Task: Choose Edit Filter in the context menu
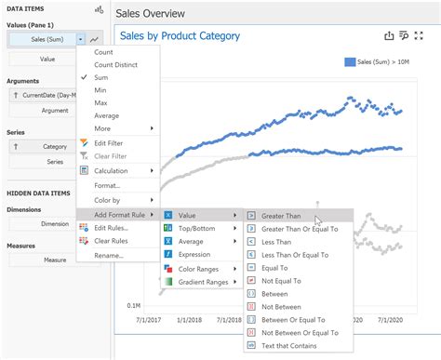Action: point(114,142)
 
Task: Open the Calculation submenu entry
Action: point(116,171)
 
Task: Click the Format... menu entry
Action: point(108,185)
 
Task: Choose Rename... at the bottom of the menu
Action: point(109,255)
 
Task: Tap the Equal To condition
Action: point(279,266)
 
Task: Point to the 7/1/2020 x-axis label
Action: point(395,318)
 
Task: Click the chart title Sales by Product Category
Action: point(180,36)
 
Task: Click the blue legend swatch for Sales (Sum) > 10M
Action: point(350,62)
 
